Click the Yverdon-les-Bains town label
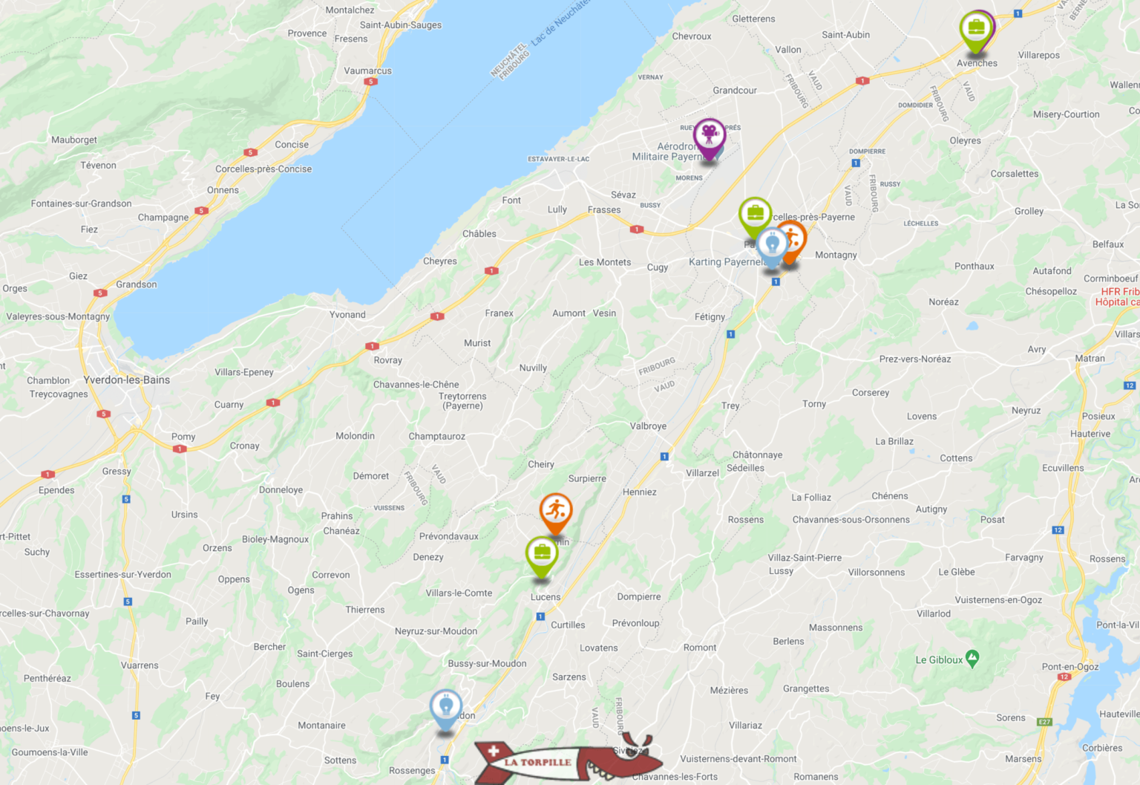(127, 380)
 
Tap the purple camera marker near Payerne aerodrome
(709, 136)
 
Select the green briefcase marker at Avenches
(976, 30)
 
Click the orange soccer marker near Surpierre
(555, 511)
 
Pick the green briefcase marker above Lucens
(542, 554)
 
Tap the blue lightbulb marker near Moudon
(446, 707)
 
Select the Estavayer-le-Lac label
(558, 159)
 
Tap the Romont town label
(700, 648)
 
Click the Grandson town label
(137, 284)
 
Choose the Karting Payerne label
(724, 261)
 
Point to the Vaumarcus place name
(367, 71)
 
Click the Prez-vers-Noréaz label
(915, 359)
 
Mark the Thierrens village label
(365, 610)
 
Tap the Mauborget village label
(74, 140)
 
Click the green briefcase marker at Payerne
(755, 215)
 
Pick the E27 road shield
(1044, 722)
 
